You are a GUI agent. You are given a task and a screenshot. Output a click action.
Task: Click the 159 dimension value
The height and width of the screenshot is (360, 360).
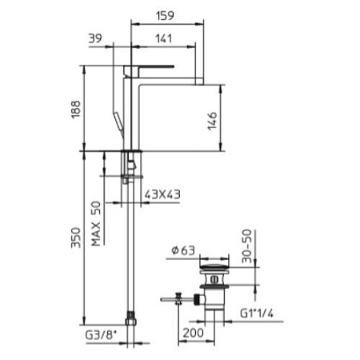(165, 15)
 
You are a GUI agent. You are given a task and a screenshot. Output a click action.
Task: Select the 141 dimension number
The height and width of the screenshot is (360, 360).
(164, 38)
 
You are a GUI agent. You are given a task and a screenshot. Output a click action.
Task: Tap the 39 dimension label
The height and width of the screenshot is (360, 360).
(95, 38)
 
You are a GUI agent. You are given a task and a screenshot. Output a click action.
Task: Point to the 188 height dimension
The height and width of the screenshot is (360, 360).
(76, 110)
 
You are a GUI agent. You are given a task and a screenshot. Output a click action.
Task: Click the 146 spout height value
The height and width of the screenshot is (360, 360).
(213, 121)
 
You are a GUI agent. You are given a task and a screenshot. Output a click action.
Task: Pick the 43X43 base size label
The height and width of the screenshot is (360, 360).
(162, 194)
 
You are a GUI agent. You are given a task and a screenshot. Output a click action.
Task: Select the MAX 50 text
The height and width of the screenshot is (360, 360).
(96, 223)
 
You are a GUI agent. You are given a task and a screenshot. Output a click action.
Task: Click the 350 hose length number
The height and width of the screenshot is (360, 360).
(76, 238)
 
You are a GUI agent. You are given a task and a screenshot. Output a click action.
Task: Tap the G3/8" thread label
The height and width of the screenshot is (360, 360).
(101, 335)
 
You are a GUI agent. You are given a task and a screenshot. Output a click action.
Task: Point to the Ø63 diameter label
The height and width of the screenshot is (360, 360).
(183, 250)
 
